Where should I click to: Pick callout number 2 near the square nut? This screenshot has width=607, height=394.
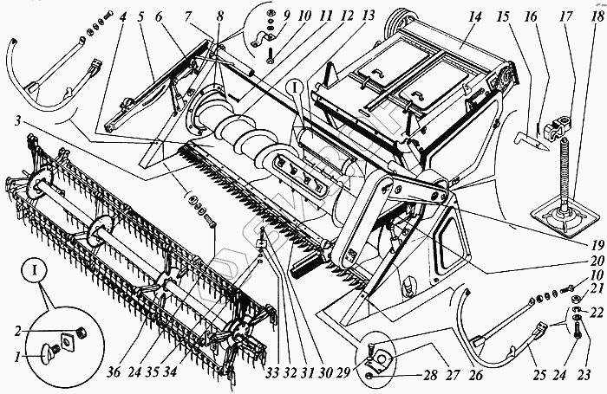pyautogui.click(x=17, y=330)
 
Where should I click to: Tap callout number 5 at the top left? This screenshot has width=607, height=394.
pyautogui.click(x=139, y=16)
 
